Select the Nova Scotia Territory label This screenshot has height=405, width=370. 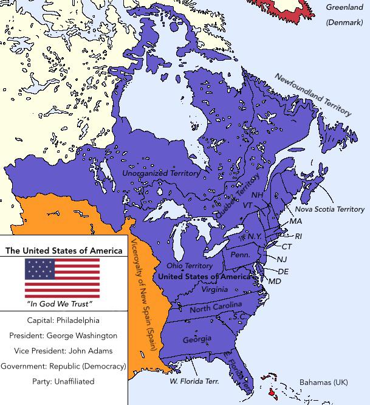point(330,209)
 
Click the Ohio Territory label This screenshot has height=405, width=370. point(190,266)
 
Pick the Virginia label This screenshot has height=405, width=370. point(214,290)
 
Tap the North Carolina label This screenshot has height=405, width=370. point(216,308)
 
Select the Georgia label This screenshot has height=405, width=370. point(197,339)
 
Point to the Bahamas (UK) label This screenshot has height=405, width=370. point(324,382)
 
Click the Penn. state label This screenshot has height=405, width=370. point(240,255)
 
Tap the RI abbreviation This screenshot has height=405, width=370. point(298,236)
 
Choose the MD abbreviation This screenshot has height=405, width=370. point(275,282)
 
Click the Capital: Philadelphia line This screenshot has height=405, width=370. point(63,320)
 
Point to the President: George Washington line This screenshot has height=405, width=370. point(63,335)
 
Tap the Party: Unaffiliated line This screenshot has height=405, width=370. point(63,381)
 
